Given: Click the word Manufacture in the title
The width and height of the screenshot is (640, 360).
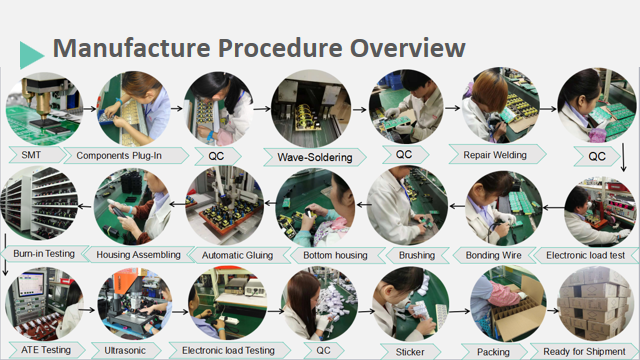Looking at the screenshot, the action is [131, 48].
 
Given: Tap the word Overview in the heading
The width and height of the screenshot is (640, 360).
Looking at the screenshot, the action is [407, 48].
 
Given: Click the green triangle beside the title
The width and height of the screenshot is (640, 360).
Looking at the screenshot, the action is [31, 55].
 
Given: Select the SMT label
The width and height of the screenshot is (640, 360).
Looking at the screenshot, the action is [31, 155].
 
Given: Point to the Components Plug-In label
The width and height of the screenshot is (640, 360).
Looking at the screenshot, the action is [119, 156].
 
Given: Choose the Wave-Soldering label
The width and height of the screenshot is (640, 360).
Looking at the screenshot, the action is [315, 157].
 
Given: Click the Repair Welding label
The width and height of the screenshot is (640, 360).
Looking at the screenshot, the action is [495, 155].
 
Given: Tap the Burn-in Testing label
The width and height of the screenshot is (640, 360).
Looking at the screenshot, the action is [44, 253].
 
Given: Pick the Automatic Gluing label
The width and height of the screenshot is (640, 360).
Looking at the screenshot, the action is [237, 256].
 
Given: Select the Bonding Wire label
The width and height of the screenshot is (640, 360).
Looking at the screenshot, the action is [493, 256].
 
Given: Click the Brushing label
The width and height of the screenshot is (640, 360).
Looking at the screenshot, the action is [417, 256].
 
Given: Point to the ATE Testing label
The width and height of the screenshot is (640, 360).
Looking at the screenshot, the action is [46, 350].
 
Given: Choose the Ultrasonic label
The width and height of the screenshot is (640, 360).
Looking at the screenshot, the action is [125, 351].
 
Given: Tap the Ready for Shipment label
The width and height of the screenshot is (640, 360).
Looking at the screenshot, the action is [584, 351].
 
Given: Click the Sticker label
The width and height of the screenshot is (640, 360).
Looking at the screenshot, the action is [410, 352].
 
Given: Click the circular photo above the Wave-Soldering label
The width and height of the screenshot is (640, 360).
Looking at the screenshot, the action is [311, 108].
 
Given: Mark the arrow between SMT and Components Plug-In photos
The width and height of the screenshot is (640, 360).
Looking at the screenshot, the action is [89, 109].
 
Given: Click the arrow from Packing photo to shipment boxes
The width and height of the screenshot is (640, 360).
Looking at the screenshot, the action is [552, 311].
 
